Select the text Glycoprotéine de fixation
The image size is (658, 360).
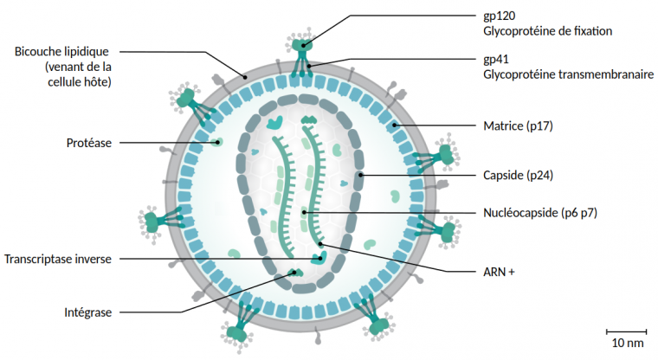click(x=547, y=31)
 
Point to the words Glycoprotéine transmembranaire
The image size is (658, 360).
click(x=568, y=75)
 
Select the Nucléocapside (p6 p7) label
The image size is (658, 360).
click(x=540, y=213)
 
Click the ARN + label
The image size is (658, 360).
click(x=499, y=272)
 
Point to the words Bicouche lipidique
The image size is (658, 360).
click(x=61, y=51)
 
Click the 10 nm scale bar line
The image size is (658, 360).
click(x=626, y=331)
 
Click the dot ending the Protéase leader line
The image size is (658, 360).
click(x=218, y=143)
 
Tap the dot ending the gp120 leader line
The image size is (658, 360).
click(x=304, y=42)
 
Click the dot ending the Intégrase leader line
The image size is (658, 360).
click(x=296, y=273)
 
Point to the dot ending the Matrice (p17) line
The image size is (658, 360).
click(x=394, y=126)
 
